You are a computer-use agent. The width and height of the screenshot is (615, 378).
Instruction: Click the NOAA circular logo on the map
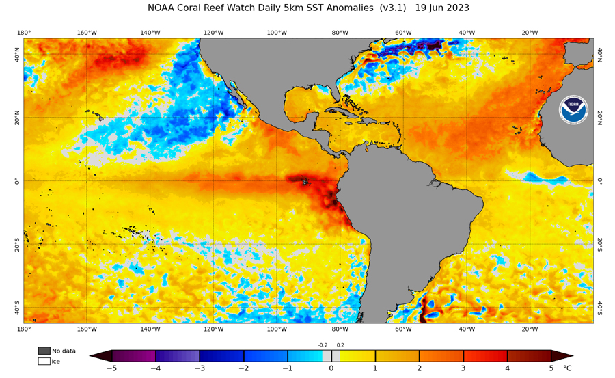(573, 109)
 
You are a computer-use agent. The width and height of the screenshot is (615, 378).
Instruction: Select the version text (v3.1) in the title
(391, 8)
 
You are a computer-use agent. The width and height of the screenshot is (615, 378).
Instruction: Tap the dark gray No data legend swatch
(44, 351)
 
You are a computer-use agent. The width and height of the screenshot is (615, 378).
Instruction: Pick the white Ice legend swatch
(44, 361)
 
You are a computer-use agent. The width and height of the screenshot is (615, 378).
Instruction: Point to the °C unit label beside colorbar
(566, 368)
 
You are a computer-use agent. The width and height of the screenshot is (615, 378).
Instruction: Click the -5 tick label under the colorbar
(111, 368)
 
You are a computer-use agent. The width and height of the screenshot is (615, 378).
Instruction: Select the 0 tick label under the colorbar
(331, 368)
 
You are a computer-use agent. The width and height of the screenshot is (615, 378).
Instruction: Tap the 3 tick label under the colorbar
(463, 368)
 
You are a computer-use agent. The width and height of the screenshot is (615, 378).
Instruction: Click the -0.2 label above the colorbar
(323, 345)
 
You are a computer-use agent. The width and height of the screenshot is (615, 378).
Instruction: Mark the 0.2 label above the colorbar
(340, 345)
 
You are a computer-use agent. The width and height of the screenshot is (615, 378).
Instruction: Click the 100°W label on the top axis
(277, 33)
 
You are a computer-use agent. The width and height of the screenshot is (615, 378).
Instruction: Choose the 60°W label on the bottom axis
(403, 329)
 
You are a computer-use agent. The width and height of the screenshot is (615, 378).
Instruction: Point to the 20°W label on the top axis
(530, 33)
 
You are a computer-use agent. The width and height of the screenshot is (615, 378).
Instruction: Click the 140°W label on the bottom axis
(150, 329)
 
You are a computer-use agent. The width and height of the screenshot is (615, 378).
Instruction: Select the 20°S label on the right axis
(600, 244)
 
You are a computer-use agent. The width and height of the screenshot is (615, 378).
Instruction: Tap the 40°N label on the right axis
(600, 55)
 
